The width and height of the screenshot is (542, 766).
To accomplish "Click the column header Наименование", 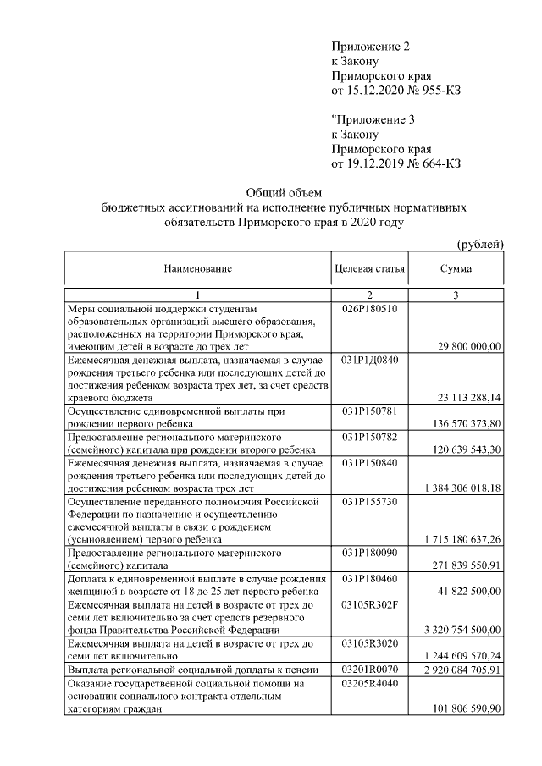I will (x=197, y=268).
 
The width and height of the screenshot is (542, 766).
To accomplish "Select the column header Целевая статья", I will (x=370, y=268).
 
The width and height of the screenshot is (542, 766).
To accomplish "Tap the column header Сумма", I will (x=456, y=268).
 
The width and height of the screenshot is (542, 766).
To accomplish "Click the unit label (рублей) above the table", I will (x=480, y=245).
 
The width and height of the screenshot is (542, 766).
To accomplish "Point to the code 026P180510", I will (x=369, y=309).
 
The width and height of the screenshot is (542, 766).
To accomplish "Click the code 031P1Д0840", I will (x=369, y=360).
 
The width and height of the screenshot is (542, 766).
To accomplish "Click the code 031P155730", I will (x=369, y=502).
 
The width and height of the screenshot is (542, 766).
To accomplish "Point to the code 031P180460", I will (x=369, y=578).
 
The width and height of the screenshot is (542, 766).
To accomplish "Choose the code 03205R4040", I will (x=369, y=683).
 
